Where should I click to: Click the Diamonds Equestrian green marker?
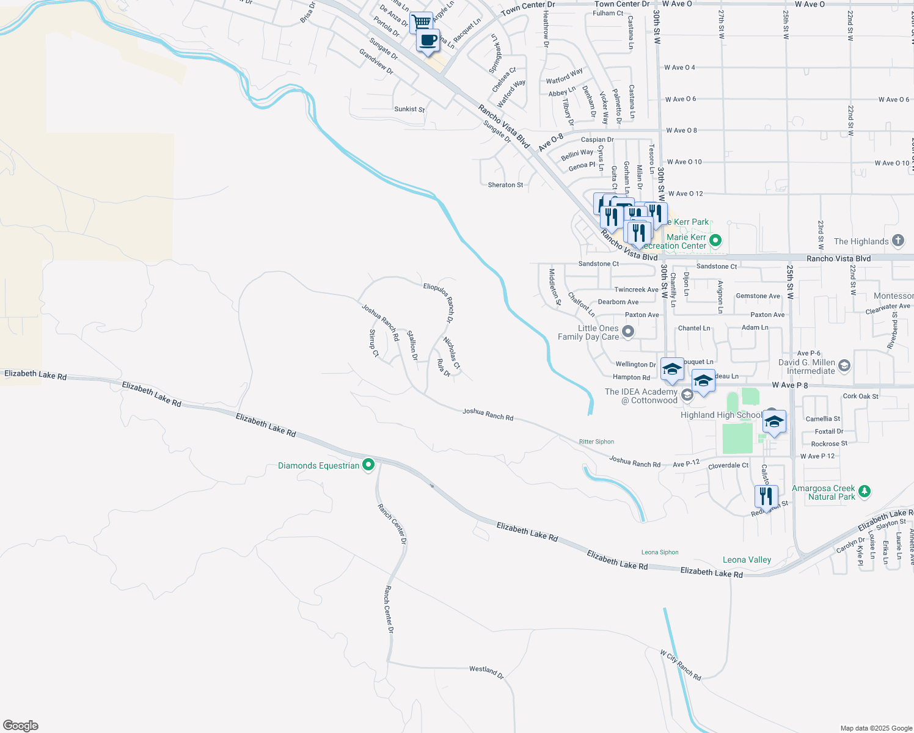pyautogui.click(x=368, y=465)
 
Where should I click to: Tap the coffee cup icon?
pyautogui.click(x=428, y=41)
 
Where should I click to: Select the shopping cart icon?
pyautogui.click(x=421, y=23)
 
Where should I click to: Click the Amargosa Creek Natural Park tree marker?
pyautogui.click(x=864, y=491)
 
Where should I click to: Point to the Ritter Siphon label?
pyautogui.click(x=596, y=442)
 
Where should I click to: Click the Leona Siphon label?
pyautogui.click(x=660, y=552)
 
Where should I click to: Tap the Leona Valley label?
pyautogui.click(x=747, y=560)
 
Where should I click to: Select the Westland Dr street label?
pyautogui.click(x=486, y=672)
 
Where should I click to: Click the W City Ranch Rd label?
pyautogui.click(x=680, y=665)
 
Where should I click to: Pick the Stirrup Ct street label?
pyautogui.click(x=373, y=343)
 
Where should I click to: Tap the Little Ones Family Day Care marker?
pyautogui.click(x=628, y=332)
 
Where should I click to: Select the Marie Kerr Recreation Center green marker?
pyautogui.click(x=716, y=240)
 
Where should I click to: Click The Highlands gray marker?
pyautogui.click(x=898, y=241)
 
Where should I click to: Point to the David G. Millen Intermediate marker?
pyautogui.click(x=844, y=366)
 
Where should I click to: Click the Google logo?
pyautogui.click(x=21, y=726)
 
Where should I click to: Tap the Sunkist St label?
pyautogui.click(x=409, y=109)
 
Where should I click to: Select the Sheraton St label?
pyautogui.click(x=505, y=184)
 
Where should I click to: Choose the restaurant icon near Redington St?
pyautogui.click(x=766, y=497)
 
